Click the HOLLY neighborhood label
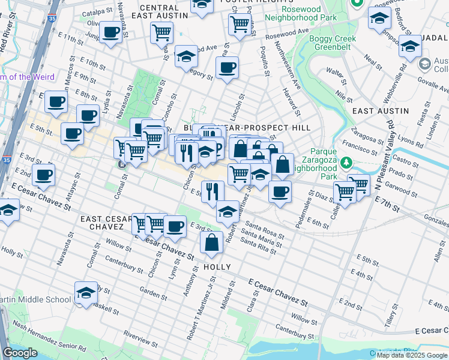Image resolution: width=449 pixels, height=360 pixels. point(217,266)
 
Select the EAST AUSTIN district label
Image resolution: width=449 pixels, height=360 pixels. point(380,111)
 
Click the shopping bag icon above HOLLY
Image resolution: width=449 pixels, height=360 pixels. point(212,242)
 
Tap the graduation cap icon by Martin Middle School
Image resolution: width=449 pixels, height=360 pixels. point(86,292)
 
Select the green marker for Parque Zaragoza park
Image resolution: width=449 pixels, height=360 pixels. point(346,163)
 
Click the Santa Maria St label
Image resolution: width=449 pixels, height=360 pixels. point(261,236)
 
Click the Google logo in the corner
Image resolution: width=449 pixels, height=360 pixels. point(20,353)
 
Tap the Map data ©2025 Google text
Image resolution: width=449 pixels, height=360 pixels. point(412,355)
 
